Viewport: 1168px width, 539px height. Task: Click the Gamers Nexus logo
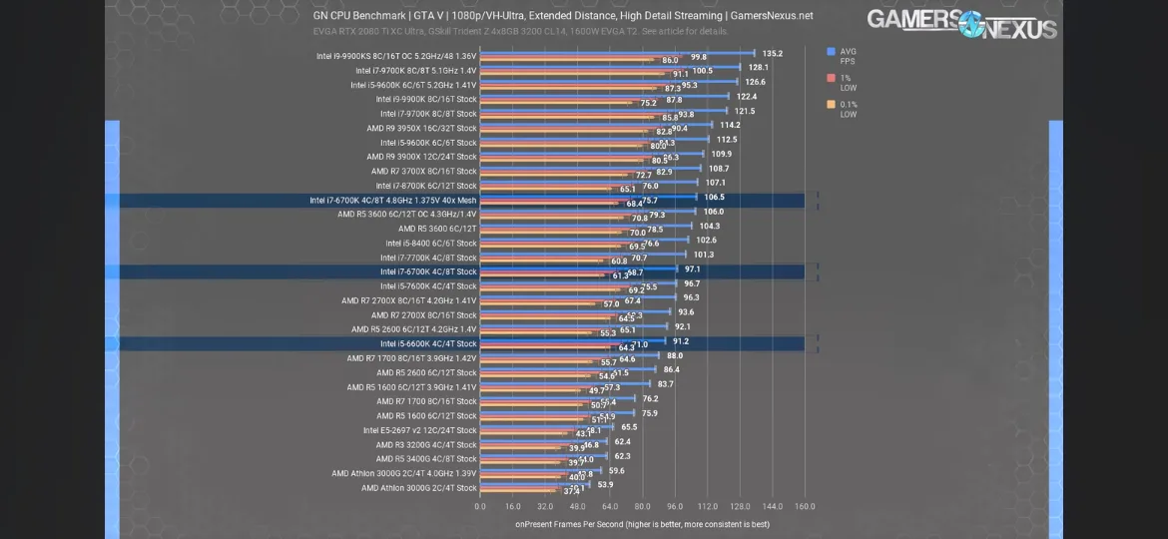click(960, 23)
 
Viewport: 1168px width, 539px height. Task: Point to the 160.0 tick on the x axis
click(805, 506)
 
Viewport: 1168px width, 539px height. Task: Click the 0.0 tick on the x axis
click(480, 506)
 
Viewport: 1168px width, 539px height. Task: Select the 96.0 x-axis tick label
click(675, 506)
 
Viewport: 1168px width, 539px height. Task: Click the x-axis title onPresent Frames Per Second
click(642, 524)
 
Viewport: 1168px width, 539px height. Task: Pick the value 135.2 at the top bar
click(772, 54)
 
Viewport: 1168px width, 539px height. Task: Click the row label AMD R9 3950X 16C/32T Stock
click(421, 128)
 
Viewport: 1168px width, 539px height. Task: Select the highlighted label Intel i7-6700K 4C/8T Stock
click(428, 271)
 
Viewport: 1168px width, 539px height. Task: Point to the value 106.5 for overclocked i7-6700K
click(714, 198)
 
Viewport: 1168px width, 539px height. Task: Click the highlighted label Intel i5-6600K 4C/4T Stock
click(428, 343)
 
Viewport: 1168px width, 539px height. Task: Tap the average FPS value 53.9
click(605, 485)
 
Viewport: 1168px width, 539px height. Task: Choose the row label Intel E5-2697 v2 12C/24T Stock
click(419, 430)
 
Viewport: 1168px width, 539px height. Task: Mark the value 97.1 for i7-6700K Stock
click(692, 269)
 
